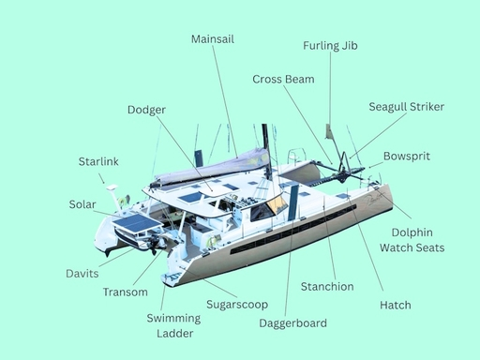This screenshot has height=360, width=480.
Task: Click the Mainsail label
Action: [x=212, y=39]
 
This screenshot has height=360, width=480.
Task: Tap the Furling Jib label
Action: [x=330, y=45]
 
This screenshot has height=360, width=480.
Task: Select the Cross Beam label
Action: [x=283, y=80]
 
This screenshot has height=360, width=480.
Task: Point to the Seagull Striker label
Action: [x=406, y=107]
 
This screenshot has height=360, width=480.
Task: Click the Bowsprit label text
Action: [x=407, y=156]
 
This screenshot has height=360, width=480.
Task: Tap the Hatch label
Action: [x=395, y=305]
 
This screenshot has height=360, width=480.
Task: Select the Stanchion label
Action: [x=327, y=286]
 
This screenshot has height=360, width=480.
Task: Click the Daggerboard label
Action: [x=292, y=323]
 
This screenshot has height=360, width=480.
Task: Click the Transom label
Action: [x=125, y=292]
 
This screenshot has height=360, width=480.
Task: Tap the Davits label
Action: [x=82, y=274]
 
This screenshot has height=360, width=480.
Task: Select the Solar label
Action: [x=82, y=204]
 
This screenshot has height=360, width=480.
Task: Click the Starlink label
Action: [x=97, y=162]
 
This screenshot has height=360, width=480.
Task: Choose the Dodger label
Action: [x=146, y=110]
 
